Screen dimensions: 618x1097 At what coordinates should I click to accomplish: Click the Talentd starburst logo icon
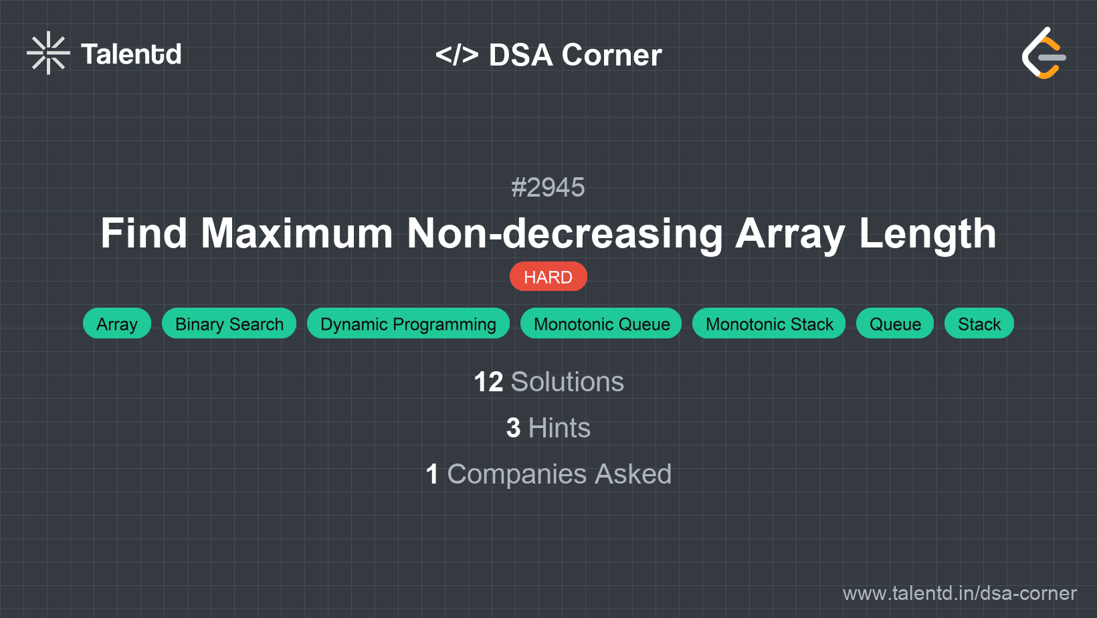tap(48, 53)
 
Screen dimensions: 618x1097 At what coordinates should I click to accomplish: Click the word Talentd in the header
tap(131, 54)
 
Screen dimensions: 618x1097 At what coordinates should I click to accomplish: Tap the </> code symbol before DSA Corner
tap(457, 55)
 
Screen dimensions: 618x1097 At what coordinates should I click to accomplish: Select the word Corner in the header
tap(612, 55)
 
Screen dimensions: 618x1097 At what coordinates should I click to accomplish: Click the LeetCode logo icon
tap(1043, 54)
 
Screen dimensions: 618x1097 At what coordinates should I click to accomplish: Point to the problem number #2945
tap(548, 187)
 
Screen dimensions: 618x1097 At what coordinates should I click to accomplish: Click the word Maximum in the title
tap(297, 233)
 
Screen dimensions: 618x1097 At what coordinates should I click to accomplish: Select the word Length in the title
tap(927, 233)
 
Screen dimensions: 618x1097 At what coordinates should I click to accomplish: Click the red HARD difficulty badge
tap(548, 277)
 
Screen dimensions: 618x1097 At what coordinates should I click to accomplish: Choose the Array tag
tap(117, 324)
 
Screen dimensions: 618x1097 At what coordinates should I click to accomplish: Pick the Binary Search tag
tap(229, 324)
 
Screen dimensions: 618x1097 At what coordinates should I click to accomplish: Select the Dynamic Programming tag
tap(408, 324)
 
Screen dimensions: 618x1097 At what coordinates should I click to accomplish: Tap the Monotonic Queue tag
tap(601, 324)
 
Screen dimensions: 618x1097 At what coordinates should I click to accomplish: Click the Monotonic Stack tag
tap(769, 324)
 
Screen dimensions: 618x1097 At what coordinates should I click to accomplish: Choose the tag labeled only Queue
tap(895, 324)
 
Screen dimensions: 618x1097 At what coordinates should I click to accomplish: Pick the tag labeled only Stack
tap(979, 324)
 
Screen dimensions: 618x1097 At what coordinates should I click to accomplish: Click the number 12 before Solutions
tap(488, 382)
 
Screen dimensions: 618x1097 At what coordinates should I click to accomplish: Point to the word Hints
tap(559, 428)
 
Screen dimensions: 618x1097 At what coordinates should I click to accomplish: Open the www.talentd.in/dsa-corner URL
tap(959, 593)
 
